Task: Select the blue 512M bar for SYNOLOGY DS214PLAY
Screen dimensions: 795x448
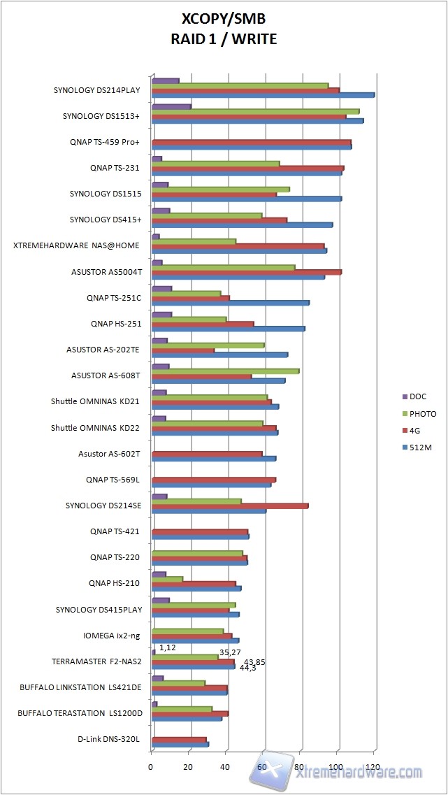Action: click(263, 95)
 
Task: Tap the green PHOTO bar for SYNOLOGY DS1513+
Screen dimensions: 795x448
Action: click(255, 111)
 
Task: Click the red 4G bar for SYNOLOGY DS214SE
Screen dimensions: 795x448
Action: click(230, 506)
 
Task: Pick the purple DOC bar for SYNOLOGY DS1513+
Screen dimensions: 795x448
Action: click(171, 106)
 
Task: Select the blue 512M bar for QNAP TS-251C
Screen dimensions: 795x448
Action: click(231, 303)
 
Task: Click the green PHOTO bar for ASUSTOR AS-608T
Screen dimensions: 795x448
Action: click(225, 371)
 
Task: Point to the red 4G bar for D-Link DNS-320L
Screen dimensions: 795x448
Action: click(179, 739)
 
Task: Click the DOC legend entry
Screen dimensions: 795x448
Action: click(417, 396)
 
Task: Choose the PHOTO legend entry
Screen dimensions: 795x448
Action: click(421, 413)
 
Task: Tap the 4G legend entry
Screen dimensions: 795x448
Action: click(415, 430)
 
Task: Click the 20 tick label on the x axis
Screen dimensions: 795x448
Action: click(188, 767)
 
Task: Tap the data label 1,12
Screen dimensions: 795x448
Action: click(168, 647)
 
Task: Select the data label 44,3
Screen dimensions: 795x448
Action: click(247, 668)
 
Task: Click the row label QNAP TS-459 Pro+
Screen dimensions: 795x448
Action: click(105, 142)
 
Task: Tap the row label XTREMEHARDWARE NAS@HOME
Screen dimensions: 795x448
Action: click(77, 245)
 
